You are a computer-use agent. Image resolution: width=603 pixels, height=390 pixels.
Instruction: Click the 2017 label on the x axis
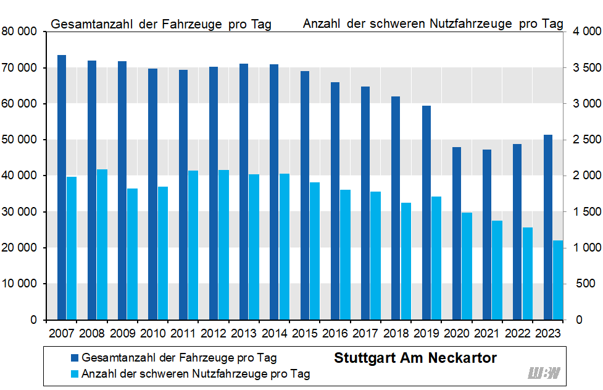(x=365, y=333)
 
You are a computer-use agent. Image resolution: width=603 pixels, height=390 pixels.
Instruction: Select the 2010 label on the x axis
(x=153, y=333)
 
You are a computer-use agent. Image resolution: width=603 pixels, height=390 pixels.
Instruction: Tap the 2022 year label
(x=517, y=333)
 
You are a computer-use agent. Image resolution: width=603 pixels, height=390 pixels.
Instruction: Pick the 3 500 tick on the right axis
(x=583, y=67)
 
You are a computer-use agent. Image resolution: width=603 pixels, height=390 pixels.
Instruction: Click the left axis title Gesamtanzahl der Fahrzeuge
(x=161, y=24)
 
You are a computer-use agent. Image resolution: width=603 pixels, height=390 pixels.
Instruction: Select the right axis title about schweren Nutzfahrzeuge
(x=433, y=24)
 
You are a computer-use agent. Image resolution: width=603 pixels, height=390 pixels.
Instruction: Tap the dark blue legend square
(x=75, y=358)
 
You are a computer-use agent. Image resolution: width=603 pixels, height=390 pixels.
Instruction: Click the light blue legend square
(x=75, y=373)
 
